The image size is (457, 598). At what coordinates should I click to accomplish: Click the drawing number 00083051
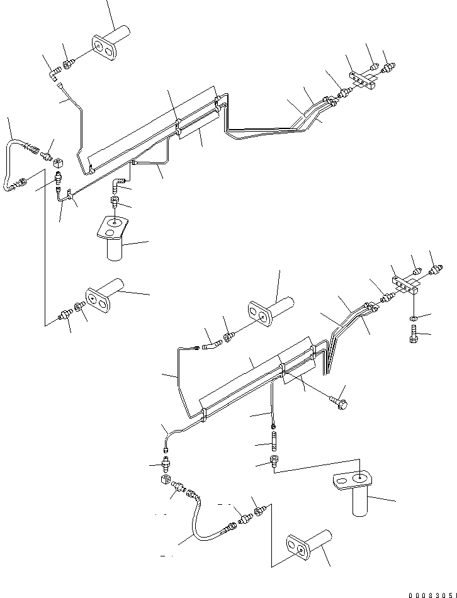pos(431,594)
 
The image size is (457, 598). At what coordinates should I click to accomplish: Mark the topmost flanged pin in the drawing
pos(110,39)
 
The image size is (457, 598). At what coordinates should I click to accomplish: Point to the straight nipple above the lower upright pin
pos(274,434)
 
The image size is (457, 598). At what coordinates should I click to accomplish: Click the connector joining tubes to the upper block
pos(345,95)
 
